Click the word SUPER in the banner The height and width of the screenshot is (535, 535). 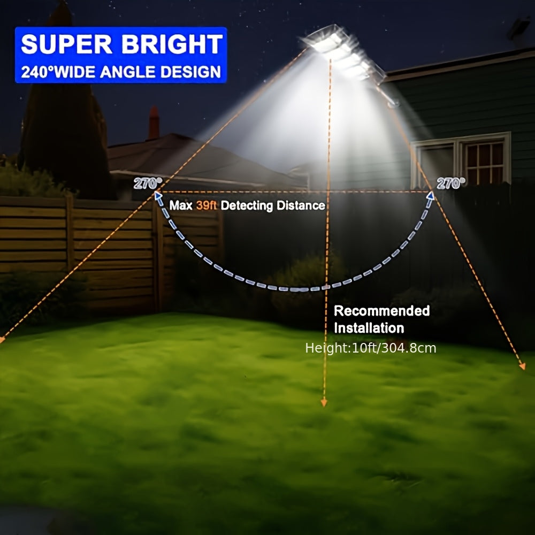pyautogui.click(x=66, y=44)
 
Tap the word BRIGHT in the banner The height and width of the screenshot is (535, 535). pyautogui.click(x=172, y=44)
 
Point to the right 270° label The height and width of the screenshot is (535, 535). pyautogui.click(x=450, y=184)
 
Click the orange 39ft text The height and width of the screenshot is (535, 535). pyautogui.click(x=207, y=205)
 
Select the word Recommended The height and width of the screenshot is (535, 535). pyautogui.click(x=382, y=311)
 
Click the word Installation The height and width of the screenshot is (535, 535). pyautogui.click(x=369, y=328)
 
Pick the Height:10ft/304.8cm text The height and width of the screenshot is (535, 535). pyautogui.click(x=371, y=348)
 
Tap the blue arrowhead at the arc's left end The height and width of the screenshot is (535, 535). pyautogui.click(x=158, y=196)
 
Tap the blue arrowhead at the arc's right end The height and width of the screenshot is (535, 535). pyautogui.click(x=431, y=196)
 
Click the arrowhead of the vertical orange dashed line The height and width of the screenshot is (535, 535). pyautogui.click(x=324, y=403)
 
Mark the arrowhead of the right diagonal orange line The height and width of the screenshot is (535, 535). pyautogui.click(x=522, y=366)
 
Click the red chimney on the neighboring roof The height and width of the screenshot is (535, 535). pyautogui.click(x=154, y=123)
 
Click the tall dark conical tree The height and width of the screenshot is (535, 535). pyautogui.click(x=65, y=102)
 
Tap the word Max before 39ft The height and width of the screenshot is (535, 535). pyautogui.click(x=181, y=205)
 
